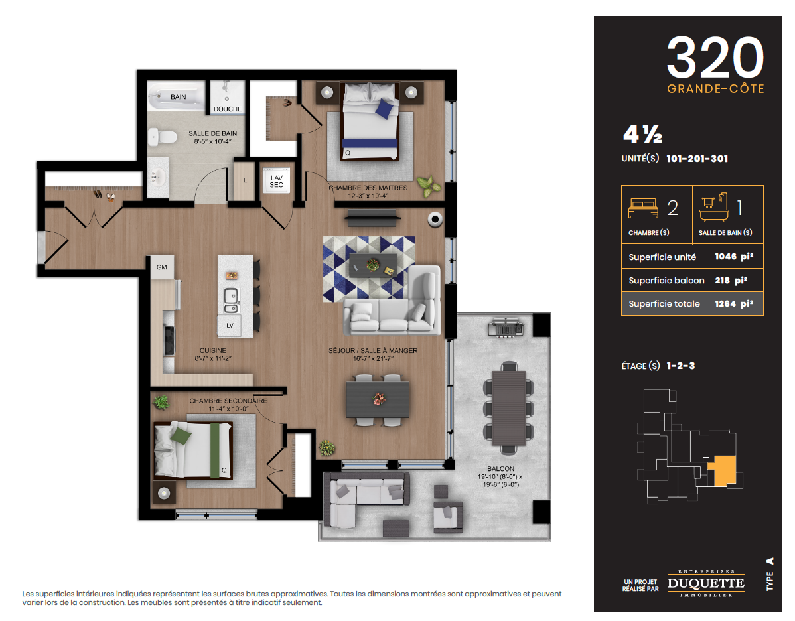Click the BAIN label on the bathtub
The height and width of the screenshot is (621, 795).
178,97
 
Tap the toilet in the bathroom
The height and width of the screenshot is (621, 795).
162,137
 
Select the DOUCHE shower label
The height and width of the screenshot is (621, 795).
228,109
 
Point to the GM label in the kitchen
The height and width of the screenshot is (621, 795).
162,267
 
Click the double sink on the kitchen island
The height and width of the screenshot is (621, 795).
231,300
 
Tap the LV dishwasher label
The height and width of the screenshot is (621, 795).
230,326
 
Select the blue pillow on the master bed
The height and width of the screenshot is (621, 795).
385,109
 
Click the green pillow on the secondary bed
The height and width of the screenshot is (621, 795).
181,436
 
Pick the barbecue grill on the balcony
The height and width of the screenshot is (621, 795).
506,328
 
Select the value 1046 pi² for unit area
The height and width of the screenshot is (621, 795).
734,257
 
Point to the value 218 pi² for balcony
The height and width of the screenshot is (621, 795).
731,281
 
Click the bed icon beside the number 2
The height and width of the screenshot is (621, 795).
643,208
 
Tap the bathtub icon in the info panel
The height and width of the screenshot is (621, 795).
714,207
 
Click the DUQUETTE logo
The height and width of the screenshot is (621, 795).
706,583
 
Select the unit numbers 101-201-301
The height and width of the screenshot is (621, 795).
697,159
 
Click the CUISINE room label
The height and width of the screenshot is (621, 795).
213,350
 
